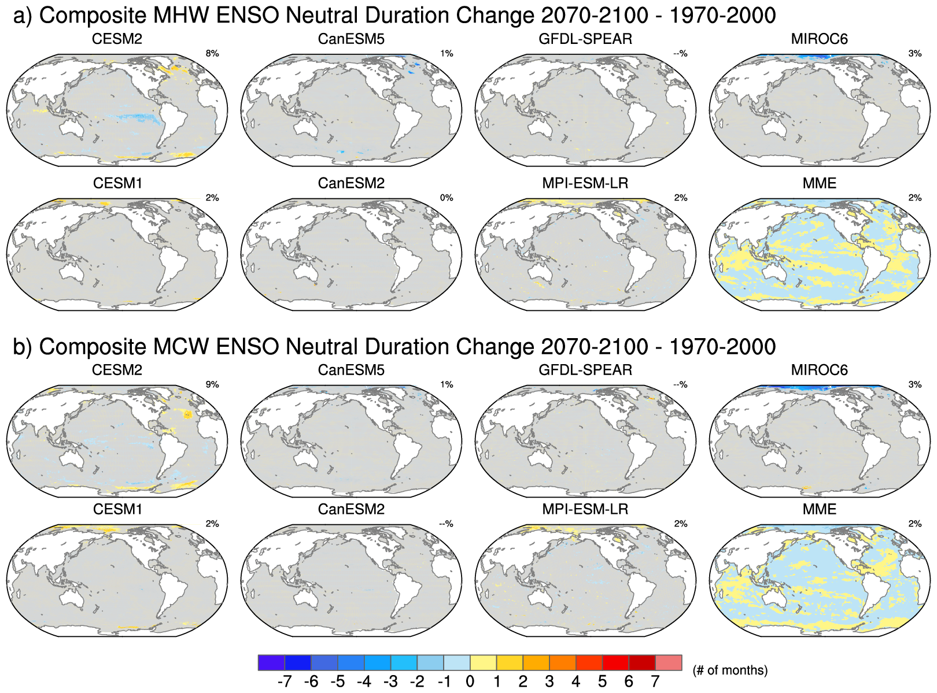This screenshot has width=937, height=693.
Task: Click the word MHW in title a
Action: pyautogui.click(x=182, y=16)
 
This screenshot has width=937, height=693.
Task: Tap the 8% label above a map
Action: pyautogui.click(x=212, y=54)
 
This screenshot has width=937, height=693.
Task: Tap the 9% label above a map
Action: pyautogui.click(x=212, y=385)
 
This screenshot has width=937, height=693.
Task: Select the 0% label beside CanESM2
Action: pyautogui.click(x=447, y=198)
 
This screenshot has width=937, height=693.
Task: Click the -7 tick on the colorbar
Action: pyautogui.click(x=285, y=682)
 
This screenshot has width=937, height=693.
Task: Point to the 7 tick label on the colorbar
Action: pyautogui.click(x=655, y=682)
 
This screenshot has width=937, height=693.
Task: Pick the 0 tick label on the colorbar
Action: pyautogui.click(x=470, y=682)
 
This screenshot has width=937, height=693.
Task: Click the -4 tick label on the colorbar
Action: pyautogui.click(x=364, y=682)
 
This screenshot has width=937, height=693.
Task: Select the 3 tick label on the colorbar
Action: pyautogui.click(x=549, y=682)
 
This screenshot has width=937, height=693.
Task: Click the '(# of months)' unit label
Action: pyautogui.click(x=730, y=670)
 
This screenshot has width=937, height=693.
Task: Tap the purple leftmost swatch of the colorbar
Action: pyautogui.click(x=271, y=662)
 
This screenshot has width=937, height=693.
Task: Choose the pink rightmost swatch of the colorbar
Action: pyautogui.click(x=669, y=662)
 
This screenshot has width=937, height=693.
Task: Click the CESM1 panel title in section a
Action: pyautogui.click(x=117, y=183)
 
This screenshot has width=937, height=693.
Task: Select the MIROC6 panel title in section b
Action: pyautogui.click(x=819, y=370)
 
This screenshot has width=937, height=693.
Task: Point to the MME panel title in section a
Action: pyautogui.click(x=819, y=183)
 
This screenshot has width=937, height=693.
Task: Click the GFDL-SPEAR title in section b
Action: pyautogui.click(x=585, y=370)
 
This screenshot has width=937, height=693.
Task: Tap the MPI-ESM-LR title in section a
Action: pyautogui.click(x=585, y=183)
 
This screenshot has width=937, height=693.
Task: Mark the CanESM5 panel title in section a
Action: pyautogui.click(x=351, y=39)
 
